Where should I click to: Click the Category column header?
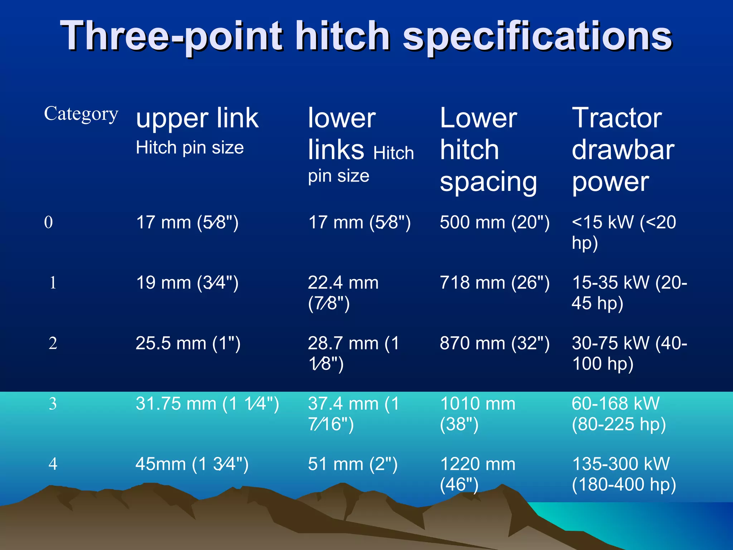pyautogui.click(x=81, y=114)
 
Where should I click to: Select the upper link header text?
pyautogui.click(x=197, y=118)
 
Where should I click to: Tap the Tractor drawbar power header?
pyautogui.click(x=623, y=150)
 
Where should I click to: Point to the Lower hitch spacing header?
pyautogui.click(x=488, y=150)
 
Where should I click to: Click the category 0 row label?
pyautogui.click(x=49, y=222)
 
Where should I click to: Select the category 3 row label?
pyautogui.click(x=53, y=404)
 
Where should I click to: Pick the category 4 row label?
pyautogui.click(x=53, y=464)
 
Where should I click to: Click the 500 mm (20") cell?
pyautogui.click(x=494, y=222)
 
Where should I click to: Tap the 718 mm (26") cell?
pyautogui.click(x=494, y=283)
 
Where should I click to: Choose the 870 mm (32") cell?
pyautogui.click(x=494, y=343)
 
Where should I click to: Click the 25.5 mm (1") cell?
pyautogui.click(x=188, y=343)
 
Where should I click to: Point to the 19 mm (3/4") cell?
pyautogui.click(x=187, y=283)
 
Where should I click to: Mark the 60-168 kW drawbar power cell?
pyautogui.click(x=618, y=414)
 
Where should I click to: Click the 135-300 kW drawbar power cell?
pyautogui.click(x=623, y=474)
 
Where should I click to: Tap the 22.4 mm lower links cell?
pyautogui.click(x=343, y=293)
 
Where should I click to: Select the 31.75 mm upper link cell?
pyautogui.click(x=207, y=404)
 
